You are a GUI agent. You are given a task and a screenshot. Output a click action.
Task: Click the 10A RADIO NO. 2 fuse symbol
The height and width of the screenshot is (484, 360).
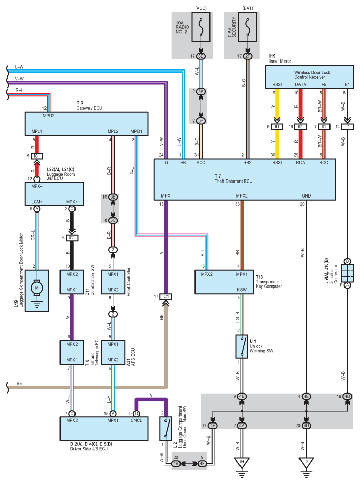[200, 27]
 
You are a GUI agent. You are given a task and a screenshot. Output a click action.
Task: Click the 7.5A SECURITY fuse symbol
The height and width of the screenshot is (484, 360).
[248, 27]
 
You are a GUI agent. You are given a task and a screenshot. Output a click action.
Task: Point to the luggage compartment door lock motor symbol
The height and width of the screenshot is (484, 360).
[36, 286]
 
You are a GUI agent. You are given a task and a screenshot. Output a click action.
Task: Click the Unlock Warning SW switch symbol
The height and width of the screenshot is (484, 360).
[242, 346]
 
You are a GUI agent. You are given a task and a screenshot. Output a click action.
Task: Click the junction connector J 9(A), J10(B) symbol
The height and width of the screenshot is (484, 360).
[347, 273]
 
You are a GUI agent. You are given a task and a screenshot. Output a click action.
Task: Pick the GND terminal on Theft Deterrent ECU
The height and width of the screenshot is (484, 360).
[307, 196]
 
